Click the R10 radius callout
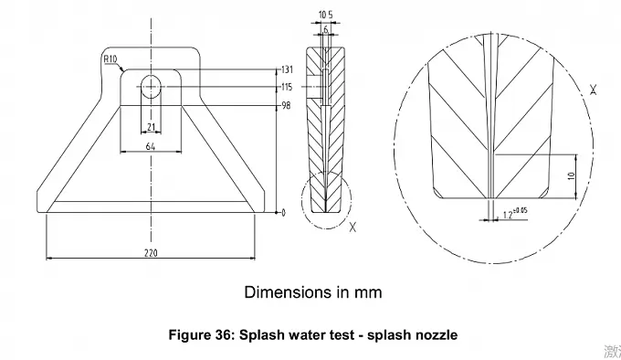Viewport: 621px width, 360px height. click(x=111, y=61)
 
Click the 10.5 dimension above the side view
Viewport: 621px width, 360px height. click(x=325, y=15)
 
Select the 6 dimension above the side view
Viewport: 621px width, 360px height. click(x=325, y=29)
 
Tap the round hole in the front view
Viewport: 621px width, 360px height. click(x=150, y=87)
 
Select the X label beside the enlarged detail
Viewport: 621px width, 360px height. click(x=595, y=90)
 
